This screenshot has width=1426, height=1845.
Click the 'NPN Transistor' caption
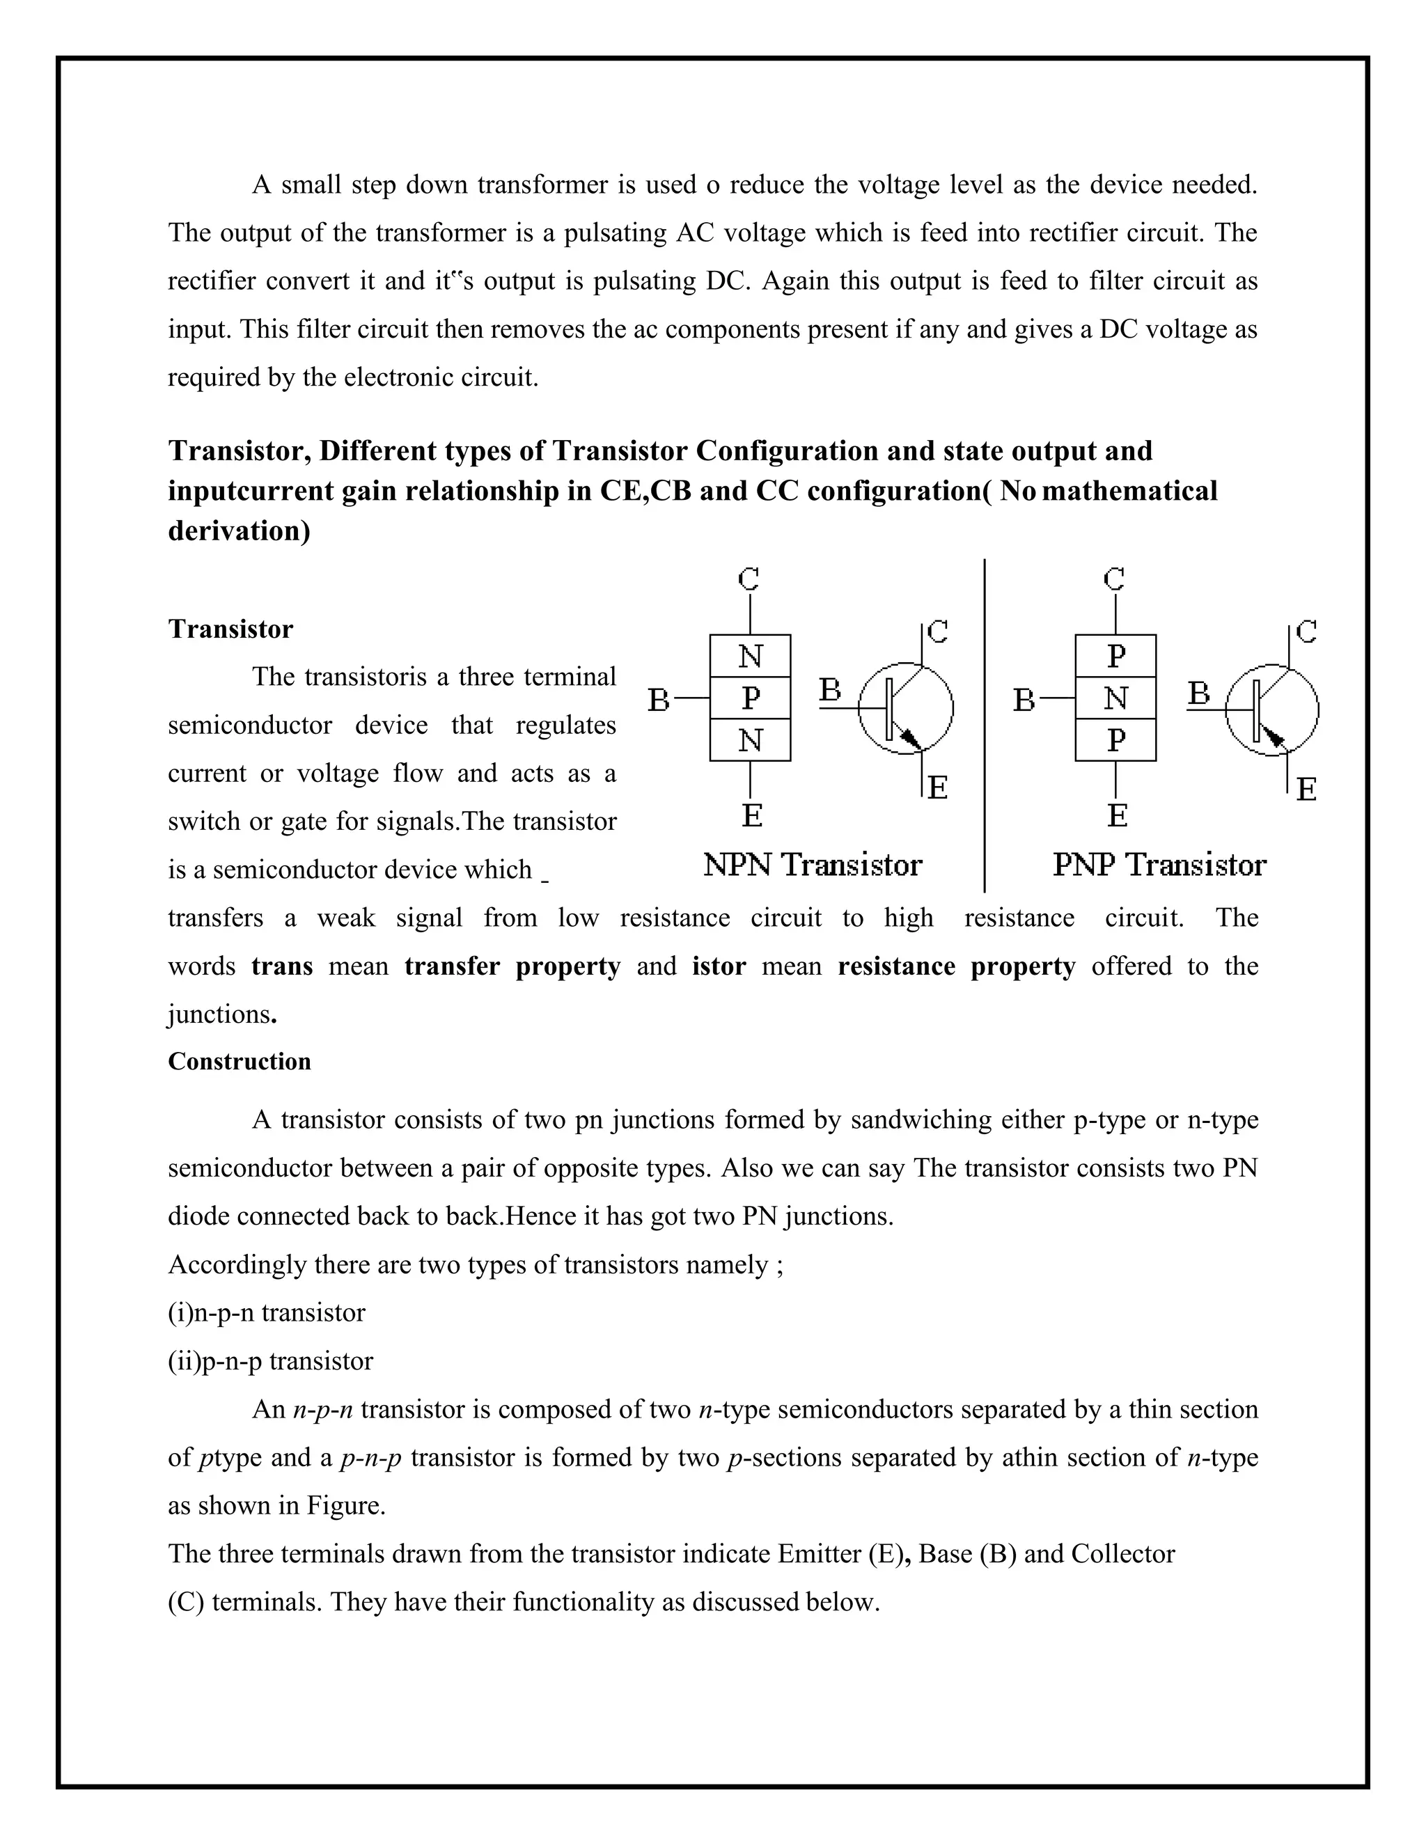(813, 865)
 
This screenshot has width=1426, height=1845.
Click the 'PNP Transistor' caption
(1159, 865)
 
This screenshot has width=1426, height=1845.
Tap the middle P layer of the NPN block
(750, 698)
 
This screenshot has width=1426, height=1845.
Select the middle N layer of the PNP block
(1115, 698)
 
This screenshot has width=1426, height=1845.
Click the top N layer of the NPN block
(750, 656)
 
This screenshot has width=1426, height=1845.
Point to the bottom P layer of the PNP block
(1115, 740)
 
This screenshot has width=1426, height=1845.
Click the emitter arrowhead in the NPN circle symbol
(910, 739)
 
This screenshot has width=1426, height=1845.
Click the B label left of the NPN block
(659, 700)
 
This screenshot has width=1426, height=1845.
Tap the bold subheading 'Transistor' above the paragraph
(230, 629)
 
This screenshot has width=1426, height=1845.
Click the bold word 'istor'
(719, 966)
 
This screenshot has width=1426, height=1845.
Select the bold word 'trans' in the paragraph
(282, 966)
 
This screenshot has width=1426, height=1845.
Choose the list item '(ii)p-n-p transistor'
(270, 1361)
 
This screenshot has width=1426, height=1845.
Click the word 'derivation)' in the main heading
(239, 531)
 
